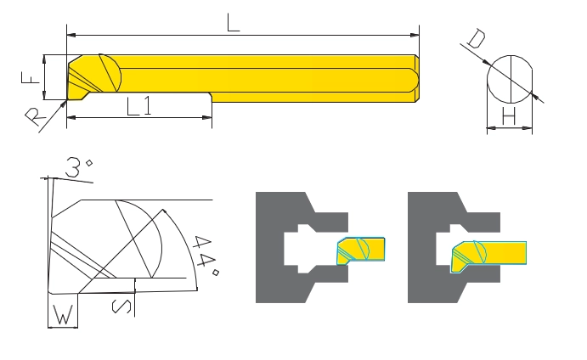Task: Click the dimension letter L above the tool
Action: (x=233, y=22)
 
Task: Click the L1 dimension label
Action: (x=138, y=106)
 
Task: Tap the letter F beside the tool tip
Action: (x=30, y=77)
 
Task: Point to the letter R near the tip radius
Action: (x=35, y=117)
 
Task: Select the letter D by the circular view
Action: (x=477, y=39)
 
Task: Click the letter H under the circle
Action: (x=509, y=115)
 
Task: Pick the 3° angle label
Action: (x=78, y=167)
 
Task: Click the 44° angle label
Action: (x=205, y=256)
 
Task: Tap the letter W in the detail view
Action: (x=63, y=315)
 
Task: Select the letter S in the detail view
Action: (x=121, y=307)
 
